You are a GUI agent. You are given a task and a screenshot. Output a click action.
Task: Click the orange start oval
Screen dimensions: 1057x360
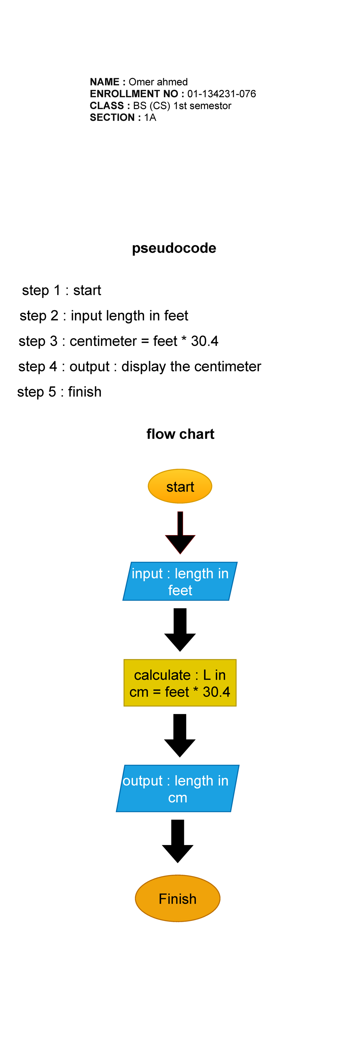pyautogui.click(x=180, y=486)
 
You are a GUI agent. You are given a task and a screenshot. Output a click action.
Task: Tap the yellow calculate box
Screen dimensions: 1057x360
pyautogui.click(x=180, y=683)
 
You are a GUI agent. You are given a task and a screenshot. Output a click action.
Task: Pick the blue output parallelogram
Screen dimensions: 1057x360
pyautogui.click(x=177, y=788)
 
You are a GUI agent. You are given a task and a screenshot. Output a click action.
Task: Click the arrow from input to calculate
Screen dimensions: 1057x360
pyautogui.click(x=180, y=630)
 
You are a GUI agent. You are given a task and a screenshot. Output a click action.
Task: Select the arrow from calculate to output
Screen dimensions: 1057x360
pyautogui.click(x=180, y=735)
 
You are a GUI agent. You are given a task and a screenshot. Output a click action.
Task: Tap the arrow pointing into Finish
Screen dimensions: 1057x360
pyautogui.click(x=177, y=841)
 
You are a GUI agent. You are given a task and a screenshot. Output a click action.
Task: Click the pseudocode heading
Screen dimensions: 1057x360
pyautogui.click(x=174, y=248)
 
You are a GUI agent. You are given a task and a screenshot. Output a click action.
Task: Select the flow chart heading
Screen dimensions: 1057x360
pyautogui.click(x=180, y=434)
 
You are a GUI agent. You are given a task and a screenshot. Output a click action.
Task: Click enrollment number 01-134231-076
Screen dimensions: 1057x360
pyautogui.click(x=221, y=94)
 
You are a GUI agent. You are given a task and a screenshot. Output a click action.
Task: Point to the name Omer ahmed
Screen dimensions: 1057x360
pyautogui.click(x=158, y=82)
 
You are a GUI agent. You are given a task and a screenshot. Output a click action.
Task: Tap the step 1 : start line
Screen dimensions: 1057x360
pyautogui.click(x=61, y=290)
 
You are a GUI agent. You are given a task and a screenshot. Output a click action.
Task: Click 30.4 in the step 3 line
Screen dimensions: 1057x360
pyautogui.click(x=204, y=341)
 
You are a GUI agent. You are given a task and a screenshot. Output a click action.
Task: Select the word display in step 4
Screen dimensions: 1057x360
pyautogui.click(x=144, y=366)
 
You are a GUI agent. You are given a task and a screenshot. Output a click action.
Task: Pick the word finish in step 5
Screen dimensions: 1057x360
pyautogui.click(x=85, y=392)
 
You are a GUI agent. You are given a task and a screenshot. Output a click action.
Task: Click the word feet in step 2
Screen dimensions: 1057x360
pyautogui.click(x=176, y=316)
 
